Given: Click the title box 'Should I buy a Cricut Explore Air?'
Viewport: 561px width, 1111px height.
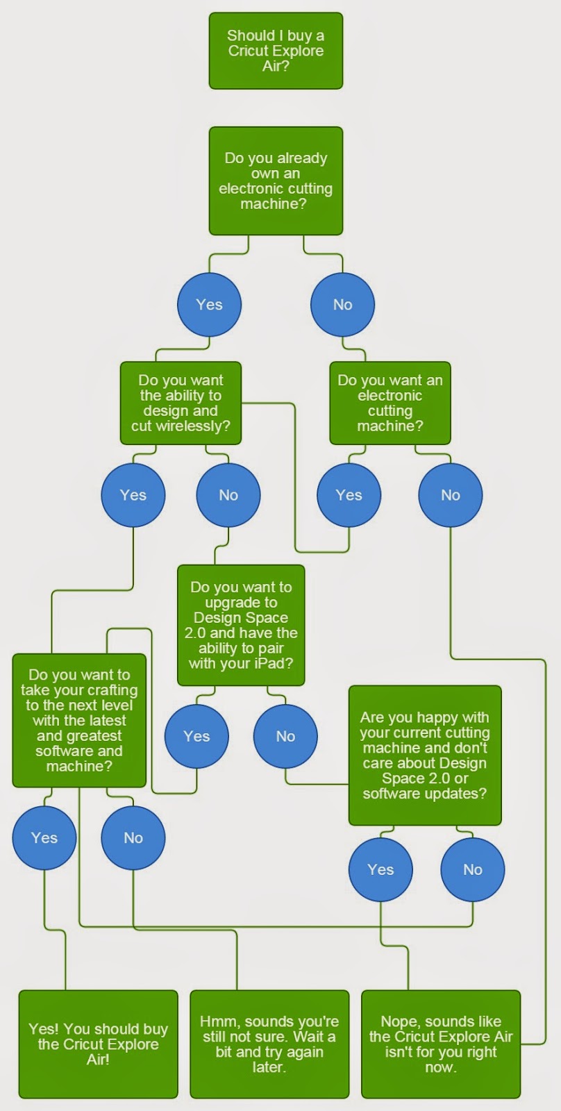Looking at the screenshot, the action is point(276,51).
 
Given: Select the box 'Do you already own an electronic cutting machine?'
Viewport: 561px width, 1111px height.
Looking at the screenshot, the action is point(276,181).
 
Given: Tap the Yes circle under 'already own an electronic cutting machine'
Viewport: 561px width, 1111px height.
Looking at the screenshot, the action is point(209,305).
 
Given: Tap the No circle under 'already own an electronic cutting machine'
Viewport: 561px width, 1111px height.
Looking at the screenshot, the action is point(343,305).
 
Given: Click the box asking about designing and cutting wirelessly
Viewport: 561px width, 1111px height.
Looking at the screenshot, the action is point(181,403).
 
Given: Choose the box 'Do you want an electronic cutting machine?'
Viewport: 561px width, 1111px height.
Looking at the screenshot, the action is point(390,403).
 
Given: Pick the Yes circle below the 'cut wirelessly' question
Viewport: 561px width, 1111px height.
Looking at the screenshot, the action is point(133,495).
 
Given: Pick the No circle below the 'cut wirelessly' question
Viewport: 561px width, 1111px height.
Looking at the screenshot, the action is point(228,495).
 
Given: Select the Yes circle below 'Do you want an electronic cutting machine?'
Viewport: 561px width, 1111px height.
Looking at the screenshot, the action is point(349,495).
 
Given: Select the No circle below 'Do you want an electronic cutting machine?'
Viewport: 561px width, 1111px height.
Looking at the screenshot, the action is point(451,495).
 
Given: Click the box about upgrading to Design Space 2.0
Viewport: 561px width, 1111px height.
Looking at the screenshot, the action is point(241,626).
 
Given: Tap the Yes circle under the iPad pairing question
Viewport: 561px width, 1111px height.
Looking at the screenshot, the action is point(197,737).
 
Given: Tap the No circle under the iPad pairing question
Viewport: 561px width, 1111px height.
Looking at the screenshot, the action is point(285,737).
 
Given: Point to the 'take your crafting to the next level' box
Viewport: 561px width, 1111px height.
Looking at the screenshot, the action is point(79,721).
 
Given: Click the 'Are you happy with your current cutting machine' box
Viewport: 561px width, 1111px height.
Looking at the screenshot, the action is point(425,755).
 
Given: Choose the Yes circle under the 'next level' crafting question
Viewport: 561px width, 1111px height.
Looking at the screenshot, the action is point(44,837).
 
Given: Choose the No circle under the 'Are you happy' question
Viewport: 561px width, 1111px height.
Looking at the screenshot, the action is point(473,869).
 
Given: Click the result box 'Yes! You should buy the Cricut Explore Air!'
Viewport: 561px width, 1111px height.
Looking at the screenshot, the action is point(98,1044).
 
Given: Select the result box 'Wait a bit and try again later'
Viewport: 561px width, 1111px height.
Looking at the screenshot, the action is point(269,1044).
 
